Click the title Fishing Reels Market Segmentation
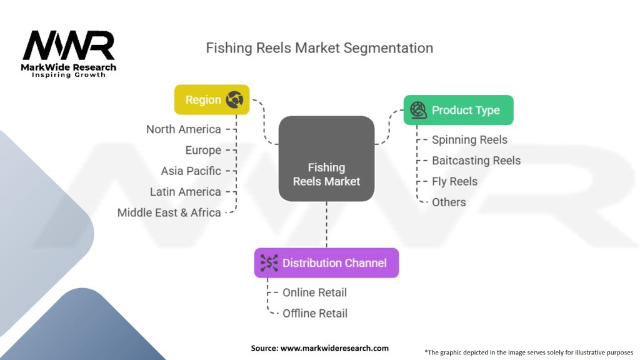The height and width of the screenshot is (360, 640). [319, 47]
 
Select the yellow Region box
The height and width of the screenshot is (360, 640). [212, 99]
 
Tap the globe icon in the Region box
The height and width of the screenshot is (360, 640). [234, 99]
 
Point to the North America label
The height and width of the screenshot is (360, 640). [183, 129]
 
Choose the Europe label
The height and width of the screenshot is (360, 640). [203, 150]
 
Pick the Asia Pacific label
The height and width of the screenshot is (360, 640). [191, 171]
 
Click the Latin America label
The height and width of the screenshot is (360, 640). [185, 192]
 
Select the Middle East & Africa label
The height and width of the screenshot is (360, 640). [169, 212]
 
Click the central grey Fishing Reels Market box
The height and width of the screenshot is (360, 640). [326, 159]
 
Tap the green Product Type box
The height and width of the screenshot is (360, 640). [458, 110]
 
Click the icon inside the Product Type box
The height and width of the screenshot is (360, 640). [418, 110]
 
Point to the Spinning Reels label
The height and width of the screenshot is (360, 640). [469, 140]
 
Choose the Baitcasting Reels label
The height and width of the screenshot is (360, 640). [476, 161]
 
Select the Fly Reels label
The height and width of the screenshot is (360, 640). [454, 181]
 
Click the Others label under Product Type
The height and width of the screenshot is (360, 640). [449, 202]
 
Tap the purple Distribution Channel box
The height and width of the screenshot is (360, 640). [326, 262]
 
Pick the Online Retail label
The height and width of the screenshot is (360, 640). [314, 292]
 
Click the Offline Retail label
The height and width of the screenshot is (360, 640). [315, 313]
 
